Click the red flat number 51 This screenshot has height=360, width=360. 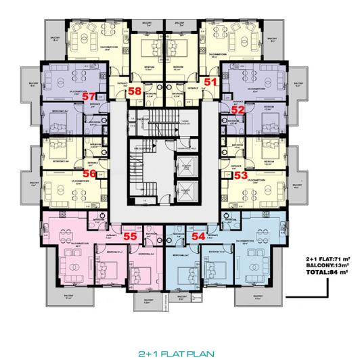click(210, 82)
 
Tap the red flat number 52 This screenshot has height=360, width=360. click(238, 109)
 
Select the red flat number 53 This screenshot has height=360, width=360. click(240, 175)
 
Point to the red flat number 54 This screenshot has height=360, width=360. click(198, 236)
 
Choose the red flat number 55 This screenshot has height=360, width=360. click(131, 236)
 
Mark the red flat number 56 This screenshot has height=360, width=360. click(89, 173)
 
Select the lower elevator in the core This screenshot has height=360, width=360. click(183, 190)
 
